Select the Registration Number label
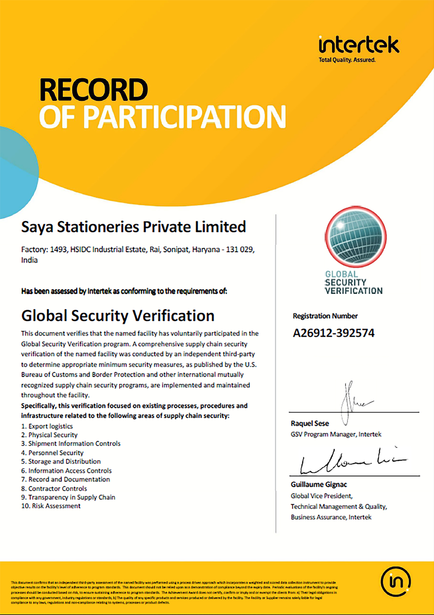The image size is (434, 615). pyautogui.click(x=325, y=316)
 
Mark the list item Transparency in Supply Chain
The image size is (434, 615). pyautogui.click(x=68, y=497)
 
